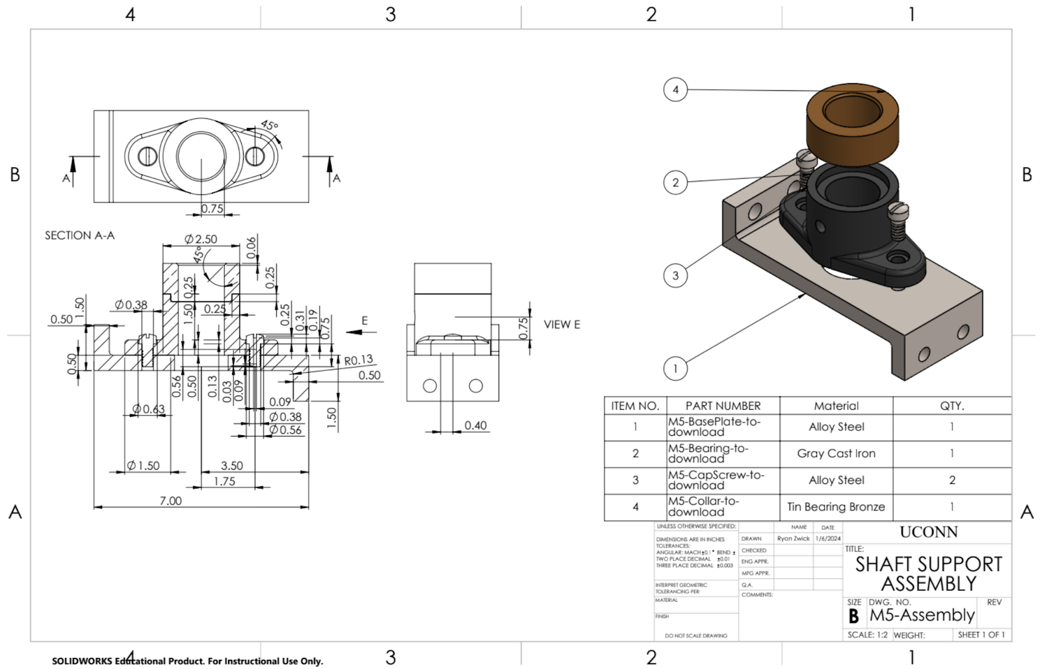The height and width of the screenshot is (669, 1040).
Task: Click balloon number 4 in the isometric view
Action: pos(675,90)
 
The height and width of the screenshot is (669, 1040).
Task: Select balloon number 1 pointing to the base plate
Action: pos(675,369)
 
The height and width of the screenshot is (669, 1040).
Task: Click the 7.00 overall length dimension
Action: pos(170,501)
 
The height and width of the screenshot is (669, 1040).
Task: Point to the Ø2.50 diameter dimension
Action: pos(201,239)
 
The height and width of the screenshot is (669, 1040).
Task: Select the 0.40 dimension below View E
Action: pos(475,425)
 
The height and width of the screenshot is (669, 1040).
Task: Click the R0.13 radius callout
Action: pos(359,360)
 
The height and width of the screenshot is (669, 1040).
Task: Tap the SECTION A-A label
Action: pos(79,235)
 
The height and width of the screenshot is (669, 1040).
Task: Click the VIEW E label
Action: pos(562,324)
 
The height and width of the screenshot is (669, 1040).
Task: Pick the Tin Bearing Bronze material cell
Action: pos(836,507)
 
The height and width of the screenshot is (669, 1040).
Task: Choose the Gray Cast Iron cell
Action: pos(836,453)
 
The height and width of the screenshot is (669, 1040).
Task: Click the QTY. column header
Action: pos(952,406)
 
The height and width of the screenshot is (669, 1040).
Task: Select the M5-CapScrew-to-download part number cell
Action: pos(716,480)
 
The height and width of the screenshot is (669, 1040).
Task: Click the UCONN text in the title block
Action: pos(928,532)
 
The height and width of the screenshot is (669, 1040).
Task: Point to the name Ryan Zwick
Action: pos(793,538)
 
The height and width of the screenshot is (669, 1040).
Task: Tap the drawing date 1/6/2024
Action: pos(827,538)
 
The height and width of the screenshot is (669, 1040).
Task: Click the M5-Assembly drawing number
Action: pos(922,614)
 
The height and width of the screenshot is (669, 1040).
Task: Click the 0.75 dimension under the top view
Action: pos(212,208)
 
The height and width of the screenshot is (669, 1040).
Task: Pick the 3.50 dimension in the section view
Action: pos(231,466)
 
